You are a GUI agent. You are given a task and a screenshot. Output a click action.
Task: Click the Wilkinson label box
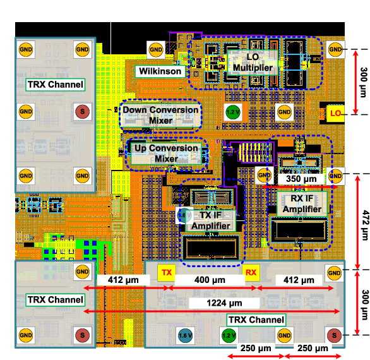click(160, 71)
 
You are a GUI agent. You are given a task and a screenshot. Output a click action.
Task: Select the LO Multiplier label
click(253, 63)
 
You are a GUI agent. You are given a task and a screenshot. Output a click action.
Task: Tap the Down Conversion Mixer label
click(160, 115)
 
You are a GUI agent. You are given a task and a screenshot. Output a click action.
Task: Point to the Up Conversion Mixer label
click(166, 153)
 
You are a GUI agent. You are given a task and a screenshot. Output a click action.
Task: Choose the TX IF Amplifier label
click(211, 220)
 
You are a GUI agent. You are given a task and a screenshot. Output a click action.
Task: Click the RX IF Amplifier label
click(302, 204)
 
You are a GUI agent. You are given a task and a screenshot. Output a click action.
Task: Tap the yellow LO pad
click(335, 114)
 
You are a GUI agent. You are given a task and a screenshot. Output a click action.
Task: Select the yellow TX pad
click(167, 273)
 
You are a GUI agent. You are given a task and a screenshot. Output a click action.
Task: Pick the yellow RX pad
click(251, 273)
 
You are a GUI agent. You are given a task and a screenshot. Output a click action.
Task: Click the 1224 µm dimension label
click(224, 303)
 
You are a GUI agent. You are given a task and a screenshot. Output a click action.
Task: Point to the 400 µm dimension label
click(210, 280)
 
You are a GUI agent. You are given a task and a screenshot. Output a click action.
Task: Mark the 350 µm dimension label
click(301, 179)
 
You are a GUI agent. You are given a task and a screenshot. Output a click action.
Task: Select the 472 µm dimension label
click(365, 225)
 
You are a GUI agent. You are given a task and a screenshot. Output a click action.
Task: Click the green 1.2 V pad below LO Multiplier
click(233, 112)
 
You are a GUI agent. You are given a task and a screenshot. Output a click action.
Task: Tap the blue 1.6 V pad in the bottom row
click(185, 335)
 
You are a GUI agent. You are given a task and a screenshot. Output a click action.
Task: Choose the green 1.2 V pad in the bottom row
click(229, 335)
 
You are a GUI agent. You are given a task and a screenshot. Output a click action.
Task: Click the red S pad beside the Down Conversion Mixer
click(82, 111)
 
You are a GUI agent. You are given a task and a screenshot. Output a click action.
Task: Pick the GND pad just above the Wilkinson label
click(156, 50)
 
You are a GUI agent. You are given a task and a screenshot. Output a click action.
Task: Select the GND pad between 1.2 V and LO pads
click(284, 112)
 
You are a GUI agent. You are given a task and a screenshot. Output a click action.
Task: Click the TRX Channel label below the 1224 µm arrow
click(256, 320)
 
